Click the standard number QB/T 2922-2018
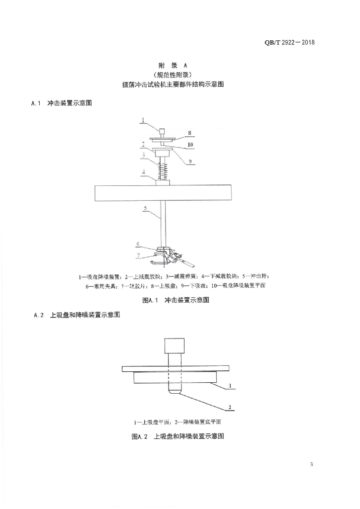pyautogui.click(x=290, y=42)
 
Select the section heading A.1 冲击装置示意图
pyautogui.click(x=62, y=104)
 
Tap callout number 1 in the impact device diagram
pyautogui.click(x=142, y=120)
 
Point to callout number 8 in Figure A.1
pyautogui.click(x=189, y=133)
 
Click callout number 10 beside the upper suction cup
pyautogui.click(x=189, y=145)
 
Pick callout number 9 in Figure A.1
pyautogui.click(x=189, y=161)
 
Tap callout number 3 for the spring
pyautogui.click(x=142, y=155)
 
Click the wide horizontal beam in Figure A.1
pyautogui.click(x=163, y=193)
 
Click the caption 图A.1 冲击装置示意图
pyautogui.click(x=175, y=300)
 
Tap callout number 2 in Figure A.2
pyautogui.click(x=230, y=407)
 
